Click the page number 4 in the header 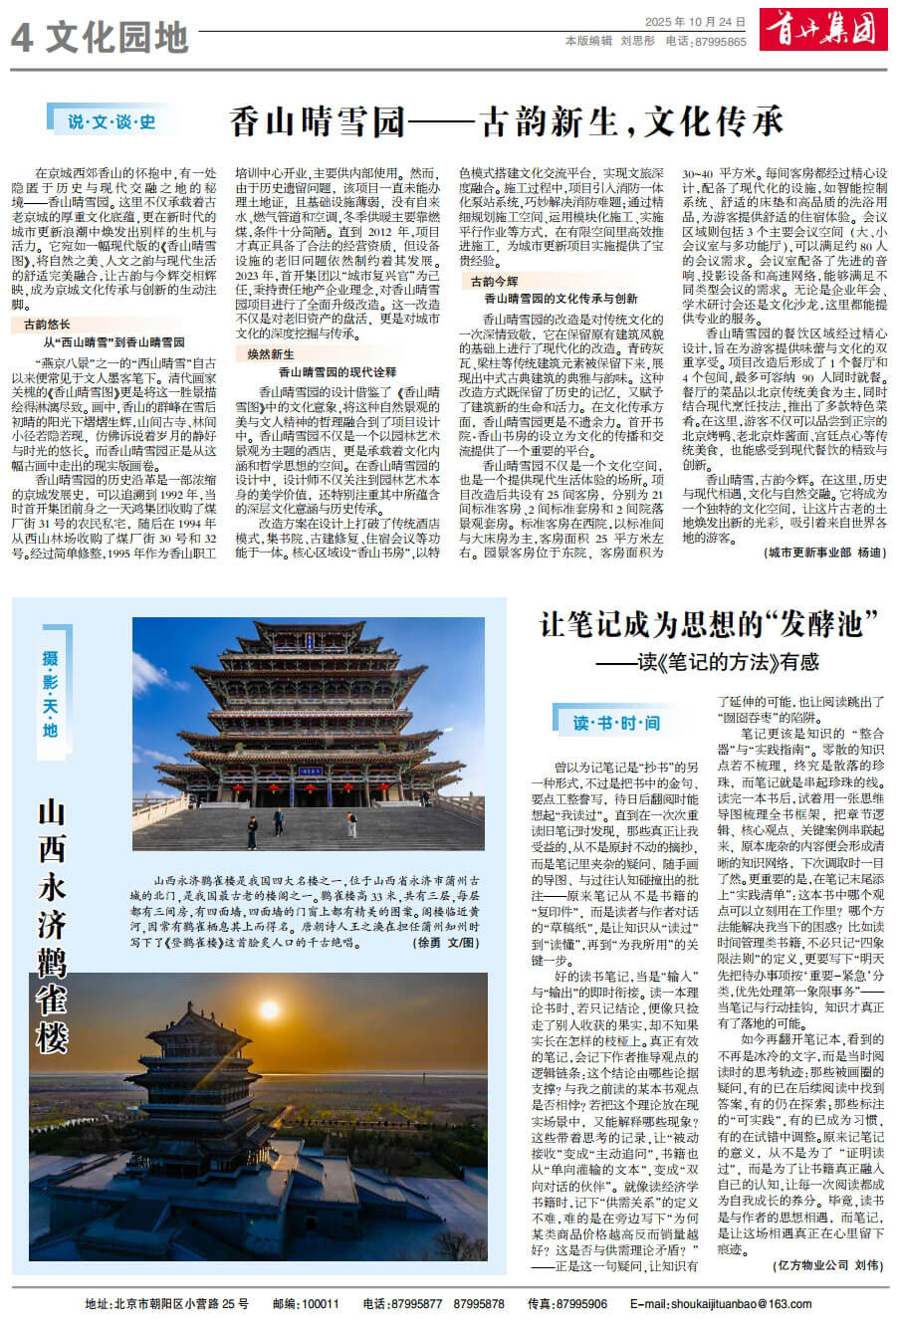click(x=22, y=38)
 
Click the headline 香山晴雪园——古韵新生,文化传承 click(x=506, y=121)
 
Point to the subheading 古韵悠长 click(x=47, y=325)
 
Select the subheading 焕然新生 click(x=271, y=354)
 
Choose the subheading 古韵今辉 click(x=495, y=282)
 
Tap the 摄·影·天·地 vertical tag click(x=51, y=693)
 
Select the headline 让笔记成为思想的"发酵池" click(x=710, y=625)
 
